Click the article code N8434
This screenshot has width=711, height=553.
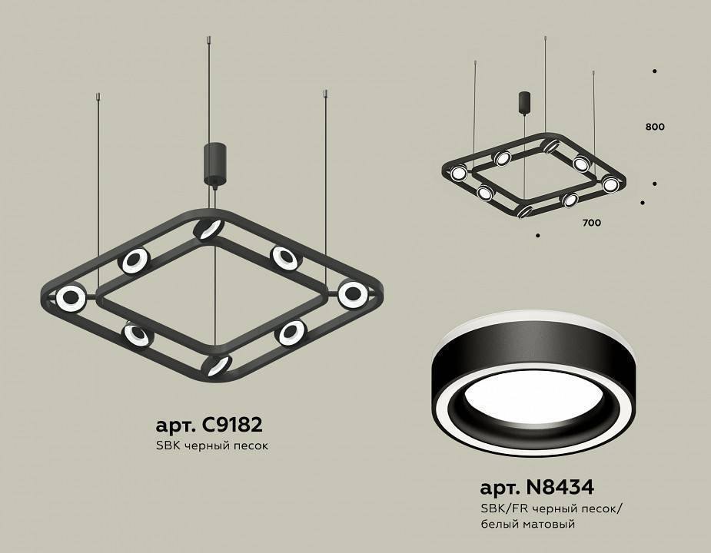[x=537, y=487]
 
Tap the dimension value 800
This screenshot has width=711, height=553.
[x=655, y=127]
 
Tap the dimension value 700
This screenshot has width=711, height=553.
[x=591, y=223]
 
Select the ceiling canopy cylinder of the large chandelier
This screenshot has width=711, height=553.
[x=211, y=162]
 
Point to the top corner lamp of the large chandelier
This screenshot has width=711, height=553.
[x=207, y=228]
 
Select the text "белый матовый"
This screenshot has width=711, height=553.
[x=527, y=524]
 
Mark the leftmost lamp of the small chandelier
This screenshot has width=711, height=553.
[x=459, y=173]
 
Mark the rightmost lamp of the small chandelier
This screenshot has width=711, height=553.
[x=610, y=184]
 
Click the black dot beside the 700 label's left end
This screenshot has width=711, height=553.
[x=538, y=235]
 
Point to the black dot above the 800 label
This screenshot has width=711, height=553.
[x=654, y=71]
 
